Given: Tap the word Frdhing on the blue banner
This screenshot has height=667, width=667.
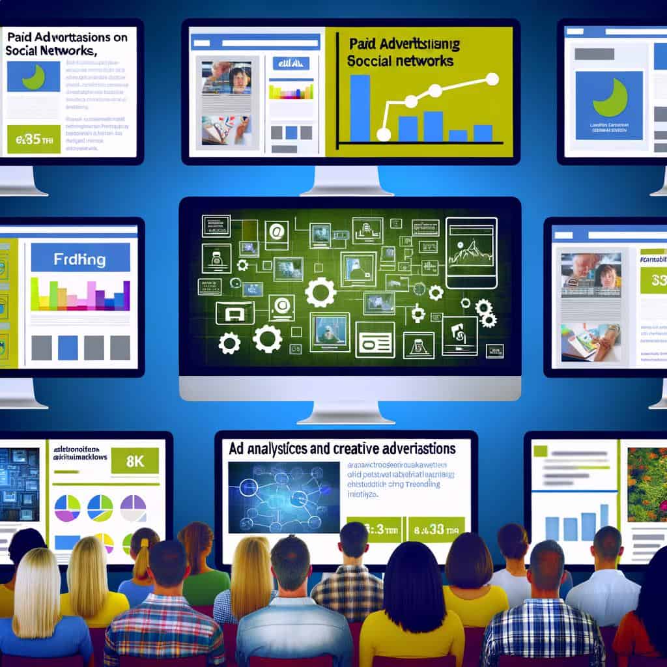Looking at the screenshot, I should click(x=81, y=259).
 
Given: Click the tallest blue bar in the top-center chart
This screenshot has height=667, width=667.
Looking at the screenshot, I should click(x=360, y=108).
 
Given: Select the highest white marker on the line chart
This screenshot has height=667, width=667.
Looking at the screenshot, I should click(x=492, y=79).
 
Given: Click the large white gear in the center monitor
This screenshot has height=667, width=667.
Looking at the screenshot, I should click(x=320, y=292).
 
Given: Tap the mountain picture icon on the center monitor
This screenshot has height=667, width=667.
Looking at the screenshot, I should click(x=471, y=253).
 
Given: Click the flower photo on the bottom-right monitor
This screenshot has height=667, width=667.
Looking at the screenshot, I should click(x=647, y=483).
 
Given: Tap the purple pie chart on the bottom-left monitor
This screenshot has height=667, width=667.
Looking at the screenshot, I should click(x=133, y=508).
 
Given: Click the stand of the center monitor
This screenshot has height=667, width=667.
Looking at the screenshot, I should click(x=350, y=412).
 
